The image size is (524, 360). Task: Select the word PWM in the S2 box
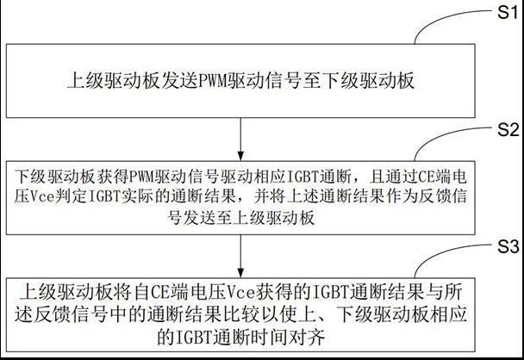(155, 181)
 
